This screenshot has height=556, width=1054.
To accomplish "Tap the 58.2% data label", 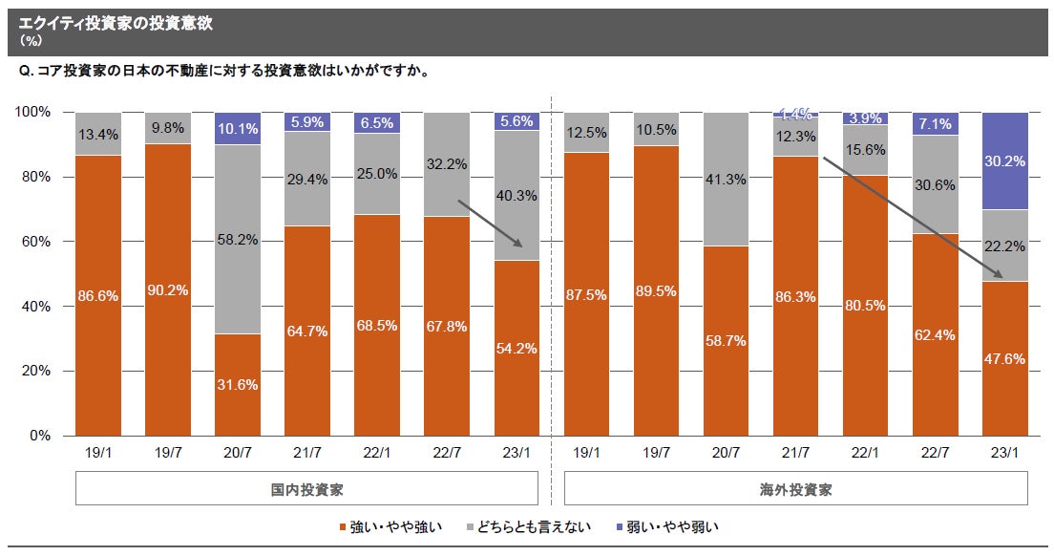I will [x=238, y=240].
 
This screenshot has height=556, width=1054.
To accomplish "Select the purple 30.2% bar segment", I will [x=1004, y=160].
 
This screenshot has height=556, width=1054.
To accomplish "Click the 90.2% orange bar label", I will [x=168, y=289].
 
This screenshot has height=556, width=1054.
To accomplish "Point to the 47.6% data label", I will [x=1004, y=359].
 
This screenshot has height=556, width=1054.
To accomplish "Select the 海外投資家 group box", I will [x=796, y=489].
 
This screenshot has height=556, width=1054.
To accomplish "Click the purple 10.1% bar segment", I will [x=238, y=129].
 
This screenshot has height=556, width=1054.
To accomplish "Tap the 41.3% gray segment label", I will [x=726, y=179].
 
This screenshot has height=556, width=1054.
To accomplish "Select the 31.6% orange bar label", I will [x=238, y=385].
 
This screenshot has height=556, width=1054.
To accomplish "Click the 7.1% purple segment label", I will [x=935, y=124].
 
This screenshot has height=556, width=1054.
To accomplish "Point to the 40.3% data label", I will [x=517, y=195].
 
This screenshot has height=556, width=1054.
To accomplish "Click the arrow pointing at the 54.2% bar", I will [x=490, y=224].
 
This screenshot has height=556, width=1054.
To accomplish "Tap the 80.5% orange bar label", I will [x=865, y=306].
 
